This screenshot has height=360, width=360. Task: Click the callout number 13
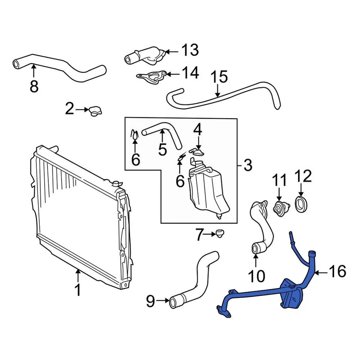click(190, 50)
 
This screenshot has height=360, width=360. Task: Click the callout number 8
click(34, 87)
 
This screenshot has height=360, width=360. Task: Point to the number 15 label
click(219, 77)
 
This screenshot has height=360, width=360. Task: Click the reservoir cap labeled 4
click(198, 151)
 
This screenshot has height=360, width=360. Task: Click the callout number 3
click(247, 165)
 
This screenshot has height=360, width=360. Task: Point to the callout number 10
click(256, 276)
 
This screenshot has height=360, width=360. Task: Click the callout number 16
click(337, 271)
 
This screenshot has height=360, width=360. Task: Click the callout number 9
click(150, 301)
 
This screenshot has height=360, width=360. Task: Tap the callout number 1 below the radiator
click(78, 290)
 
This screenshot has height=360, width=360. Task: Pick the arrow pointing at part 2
click(81, 109)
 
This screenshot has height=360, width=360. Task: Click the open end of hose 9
click(173, 302)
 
